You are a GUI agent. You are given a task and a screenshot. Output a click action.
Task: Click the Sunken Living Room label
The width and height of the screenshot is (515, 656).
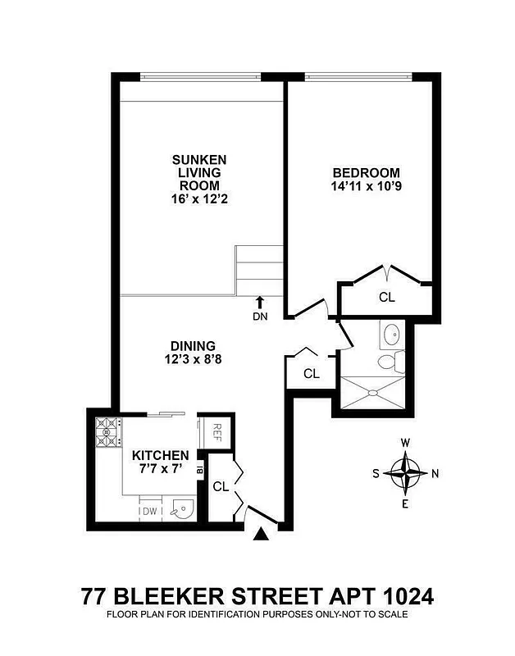tap(198, 179)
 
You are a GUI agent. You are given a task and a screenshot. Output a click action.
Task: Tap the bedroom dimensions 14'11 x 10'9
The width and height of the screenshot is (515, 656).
tap(366, 187)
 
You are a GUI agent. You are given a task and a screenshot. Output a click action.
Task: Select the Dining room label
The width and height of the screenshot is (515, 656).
tap(194, 345)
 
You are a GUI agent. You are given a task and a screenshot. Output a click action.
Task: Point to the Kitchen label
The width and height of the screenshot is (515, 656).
tap(161, 455)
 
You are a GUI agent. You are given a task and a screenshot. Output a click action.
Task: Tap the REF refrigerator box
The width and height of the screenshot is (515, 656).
tap(218, 430)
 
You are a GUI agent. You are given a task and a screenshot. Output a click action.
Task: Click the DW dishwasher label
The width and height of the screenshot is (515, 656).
tap(149, 512)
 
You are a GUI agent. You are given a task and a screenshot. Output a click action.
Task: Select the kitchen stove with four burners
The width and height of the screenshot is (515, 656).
tap(108, 432)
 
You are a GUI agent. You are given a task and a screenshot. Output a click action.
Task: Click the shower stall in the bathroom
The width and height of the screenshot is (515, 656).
tap(372, 393)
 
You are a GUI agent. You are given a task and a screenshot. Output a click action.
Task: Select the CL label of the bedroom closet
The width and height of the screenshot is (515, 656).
tap(387, 298)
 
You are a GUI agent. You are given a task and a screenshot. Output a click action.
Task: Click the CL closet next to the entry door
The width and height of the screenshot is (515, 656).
tap(221, 486)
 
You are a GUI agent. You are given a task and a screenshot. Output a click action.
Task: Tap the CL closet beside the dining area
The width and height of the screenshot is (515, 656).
tap(311, 373)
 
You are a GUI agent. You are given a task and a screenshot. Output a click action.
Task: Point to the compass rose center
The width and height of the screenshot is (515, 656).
tap(405, 473)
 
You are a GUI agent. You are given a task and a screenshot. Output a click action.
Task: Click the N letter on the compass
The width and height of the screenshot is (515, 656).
tap(435, 473)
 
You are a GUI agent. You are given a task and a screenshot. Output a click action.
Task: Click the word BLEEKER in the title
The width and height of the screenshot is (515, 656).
tap(168, 594)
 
